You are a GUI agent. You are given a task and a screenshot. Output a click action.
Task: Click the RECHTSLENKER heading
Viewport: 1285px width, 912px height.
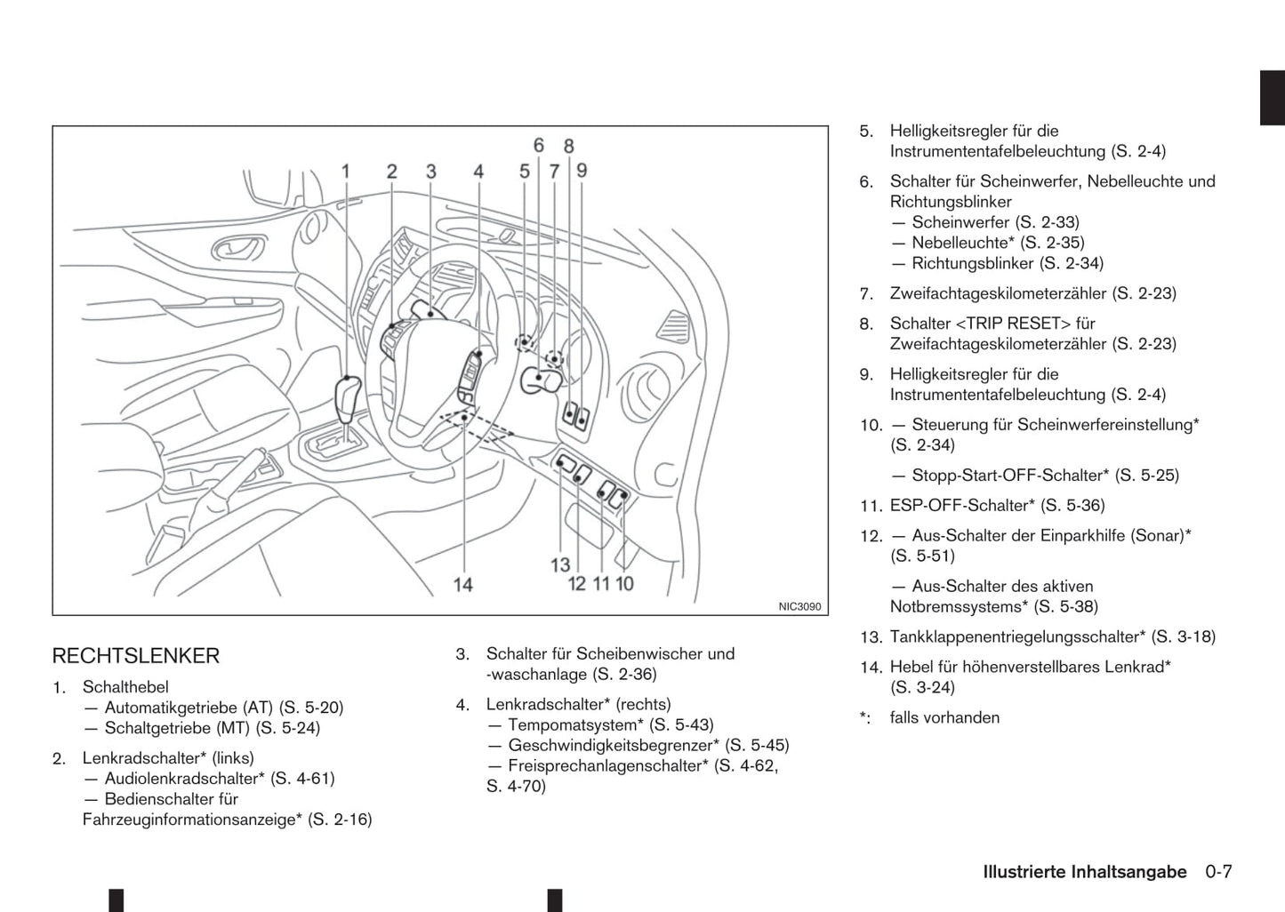point(135,656)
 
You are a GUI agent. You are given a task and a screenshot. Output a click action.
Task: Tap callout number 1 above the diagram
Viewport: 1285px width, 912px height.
point(345,172)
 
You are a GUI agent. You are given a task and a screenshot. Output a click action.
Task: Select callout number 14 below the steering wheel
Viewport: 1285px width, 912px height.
point(462,584)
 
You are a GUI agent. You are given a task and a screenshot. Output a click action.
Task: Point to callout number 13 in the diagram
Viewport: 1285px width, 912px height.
point(559,564)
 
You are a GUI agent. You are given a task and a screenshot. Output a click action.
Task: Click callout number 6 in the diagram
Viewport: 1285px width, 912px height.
point(539,145)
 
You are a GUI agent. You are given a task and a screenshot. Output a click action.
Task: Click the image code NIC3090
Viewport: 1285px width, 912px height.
point(799,606)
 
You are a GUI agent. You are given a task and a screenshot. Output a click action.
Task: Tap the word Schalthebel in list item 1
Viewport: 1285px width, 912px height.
point(125,687)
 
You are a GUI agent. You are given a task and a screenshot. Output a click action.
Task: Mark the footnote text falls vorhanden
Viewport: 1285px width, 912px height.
point(944,717)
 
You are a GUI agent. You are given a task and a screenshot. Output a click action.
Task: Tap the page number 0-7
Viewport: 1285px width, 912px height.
point(1218,872)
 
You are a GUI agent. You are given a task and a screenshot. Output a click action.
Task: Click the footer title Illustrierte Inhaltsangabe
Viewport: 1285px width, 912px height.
point(1084,872)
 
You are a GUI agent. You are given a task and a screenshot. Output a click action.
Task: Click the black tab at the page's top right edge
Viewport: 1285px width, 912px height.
point(1272,97)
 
